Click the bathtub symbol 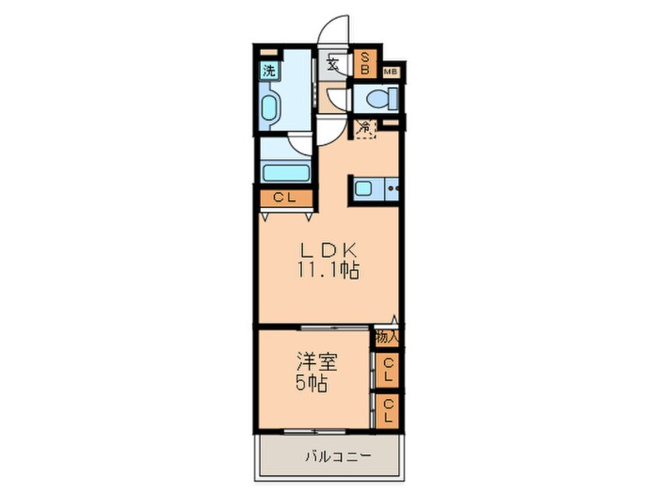(285, 171)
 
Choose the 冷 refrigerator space (365, 128)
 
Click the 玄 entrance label (333, 64)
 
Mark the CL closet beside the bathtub (285, 198)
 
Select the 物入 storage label (386, 337)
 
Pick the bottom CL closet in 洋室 (387, 409)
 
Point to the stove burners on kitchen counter (392, 188)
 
